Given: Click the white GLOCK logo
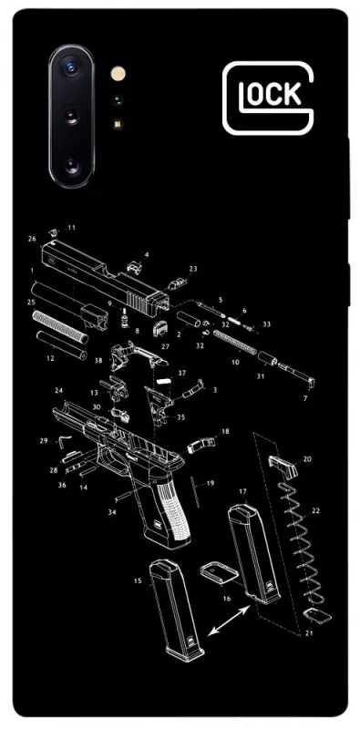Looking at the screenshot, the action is [268, 98].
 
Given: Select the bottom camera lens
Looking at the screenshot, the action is [71, 166].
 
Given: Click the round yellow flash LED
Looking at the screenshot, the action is [118, 74].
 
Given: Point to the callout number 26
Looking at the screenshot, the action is [32, 239].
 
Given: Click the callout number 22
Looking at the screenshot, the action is [316, 511].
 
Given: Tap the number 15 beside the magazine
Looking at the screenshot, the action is [138, 580].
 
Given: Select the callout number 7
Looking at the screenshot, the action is [305, 399].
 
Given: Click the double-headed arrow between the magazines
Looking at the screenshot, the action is [229, 621].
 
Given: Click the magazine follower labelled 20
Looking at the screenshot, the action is [283, 465].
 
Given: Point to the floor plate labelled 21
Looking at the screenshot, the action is [317, 616].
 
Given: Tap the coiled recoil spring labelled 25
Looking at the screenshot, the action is [60, 327].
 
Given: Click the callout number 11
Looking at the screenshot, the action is [71, 228].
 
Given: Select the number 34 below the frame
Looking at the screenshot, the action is [112, 512].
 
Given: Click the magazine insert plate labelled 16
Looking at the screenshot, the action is [220, 573].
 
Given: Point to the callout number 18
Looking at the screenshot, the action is [225, 431].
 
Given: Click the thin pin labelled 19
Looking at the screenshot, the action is [195, 491].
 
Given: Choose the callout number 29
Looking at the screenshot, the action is [44, 440].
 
